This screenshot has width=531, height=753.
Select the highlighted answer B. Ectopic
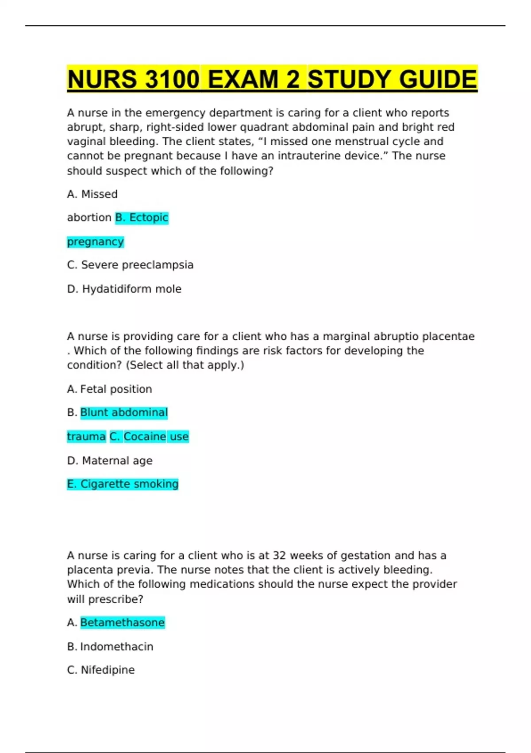142,217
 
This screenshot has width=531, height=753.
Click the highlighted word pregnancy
95,242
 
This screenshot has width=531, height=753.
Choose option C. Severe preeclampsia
130,265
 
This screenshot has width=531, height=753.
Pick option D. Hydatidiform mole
124,289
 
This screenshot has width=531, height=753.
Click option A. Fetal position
109,389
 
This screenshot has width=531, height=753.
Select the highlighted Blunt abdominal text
124,412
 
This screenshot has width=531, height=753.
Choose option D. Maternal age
110,461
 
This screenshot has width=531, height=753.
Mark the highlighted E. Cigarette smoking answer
123,484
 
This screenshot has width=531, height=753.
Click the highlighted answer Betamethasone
123,623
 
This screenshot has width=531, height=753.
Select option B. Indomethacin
110,647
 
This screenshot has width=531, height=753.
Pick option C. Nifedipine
101,670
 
